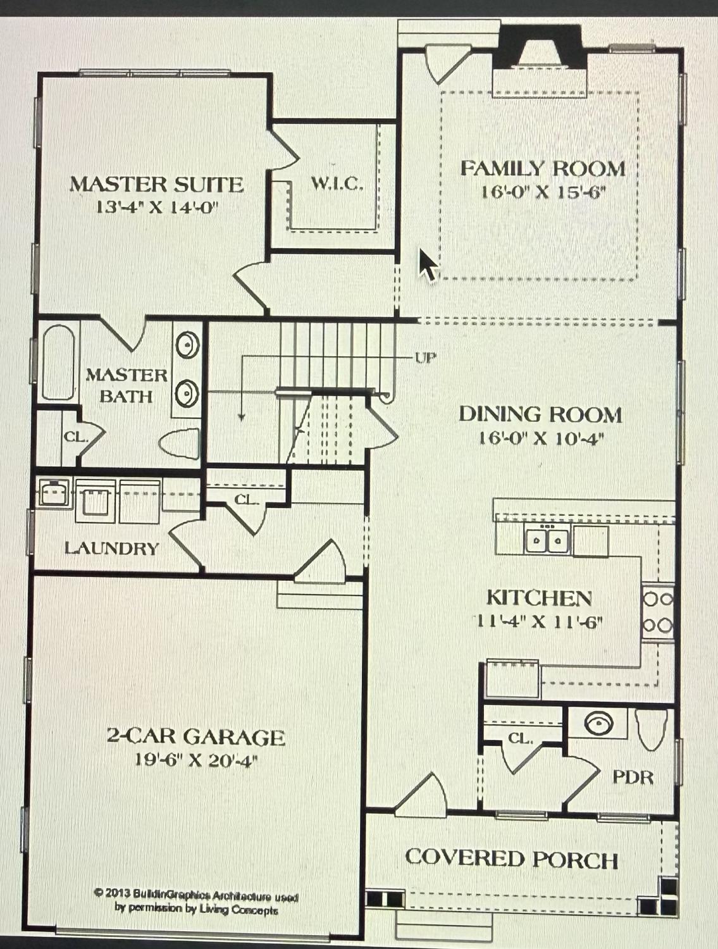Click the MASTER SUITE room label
point(156,185)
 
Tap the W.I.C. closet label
point(337,185)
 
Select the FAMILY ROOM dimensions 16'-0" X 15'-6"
point(542,192)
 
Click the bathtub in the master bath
point(58,362)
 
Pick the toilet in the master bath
point(179,442)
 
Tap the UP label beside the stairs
point(425,358)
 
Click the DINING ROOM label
point(540,414)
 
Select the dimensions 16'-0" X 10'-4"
point(540,439)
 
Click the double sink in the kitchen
point(547,539)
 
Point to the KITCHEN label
point(540,598)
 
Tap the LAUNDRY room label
point(112,549)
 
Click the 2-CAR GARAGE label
point(196,736)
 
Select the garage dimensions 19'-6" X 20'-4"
point(196,760)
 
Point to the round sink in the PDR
point(598,723)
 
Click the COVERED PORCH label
point(512,858)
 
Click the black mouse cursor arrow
point(428,264)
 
